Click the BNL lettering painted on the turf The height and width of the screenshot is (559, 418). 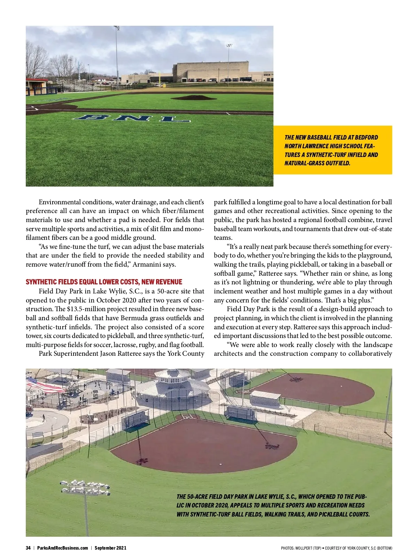pos(132,118)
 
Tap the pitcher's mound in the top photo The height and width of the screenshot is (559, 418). pos(193,97)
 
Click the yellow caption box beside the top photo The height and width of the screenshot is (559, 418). pos(333,150)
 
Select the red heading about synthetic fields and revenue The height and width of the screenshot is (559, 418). pos(104,282)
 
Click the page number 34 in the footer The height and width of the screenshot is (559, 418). pos(28,548)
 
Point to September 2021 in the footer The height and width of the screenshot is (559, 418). pos(110,548)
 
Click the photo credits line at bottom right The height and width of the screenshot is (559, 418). pos(336,548)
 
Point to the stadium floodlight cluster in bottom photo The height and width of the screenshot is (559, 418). pos(85,488)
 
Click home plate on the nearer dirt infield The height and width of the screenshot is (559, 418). pos(188,417)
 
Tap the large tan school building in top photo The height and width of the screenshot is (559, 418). pos(212,71)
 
